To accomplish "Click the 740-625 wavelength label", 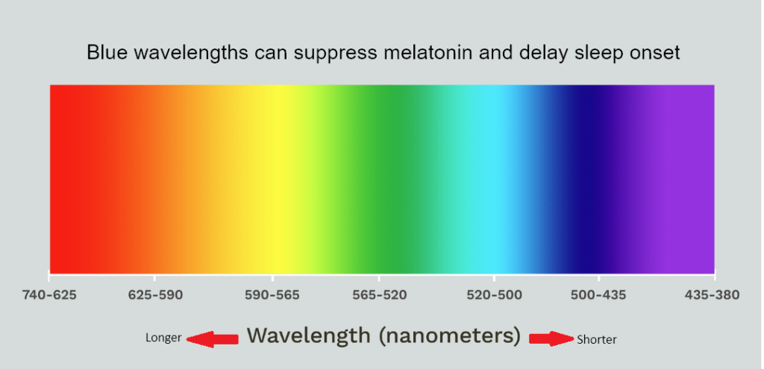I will tap(49, 295).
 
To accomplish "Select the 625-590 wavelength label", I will tap(155, 295).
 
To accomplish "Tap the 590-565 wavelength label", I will tap(272, 295).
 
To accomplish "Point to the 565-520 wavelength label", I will tap(380, 295).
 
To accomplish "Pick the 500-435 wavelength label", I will tap(598, 295).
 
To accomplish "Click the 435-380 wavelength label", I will tap(712, 295).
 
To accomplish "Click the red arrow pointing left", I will tap(211, 339).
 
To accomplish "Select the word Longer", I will tap(163, 338).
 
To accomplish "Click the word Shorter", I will tap(597, 340).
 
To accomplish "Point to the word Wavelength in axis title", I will tap(308, 335).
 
